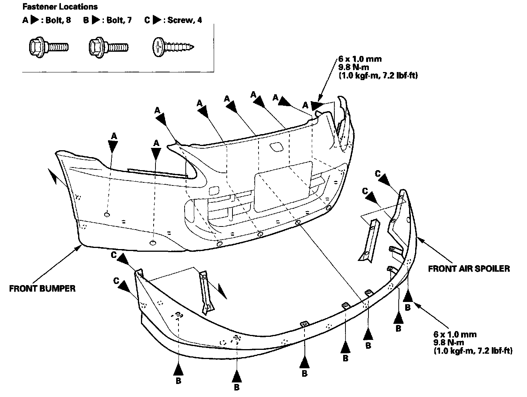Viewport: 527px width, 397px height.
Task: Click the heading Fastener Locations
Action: click(x=60, y=7)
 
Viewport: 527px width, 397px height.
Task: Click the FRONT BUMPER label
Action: click(x=42, y=289)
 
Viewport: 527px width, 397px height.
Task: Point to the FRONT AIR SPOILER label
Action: click(x=469, y=268)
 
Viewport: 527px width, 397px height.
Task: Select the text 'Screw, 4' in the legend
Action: click(x=185, y=20)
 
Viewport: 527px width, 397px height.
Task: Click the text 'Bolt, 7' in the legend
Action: click(x=119, y=20)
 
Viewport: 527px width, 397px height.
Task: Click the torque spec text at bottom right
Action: click(x=473, y=342)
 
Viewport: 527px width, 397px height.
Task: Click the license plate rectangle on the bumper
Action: click(x=283, y=187)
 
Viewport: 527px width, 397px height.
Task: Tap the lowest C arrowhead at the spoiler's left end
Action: click(x=123, y=284)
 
